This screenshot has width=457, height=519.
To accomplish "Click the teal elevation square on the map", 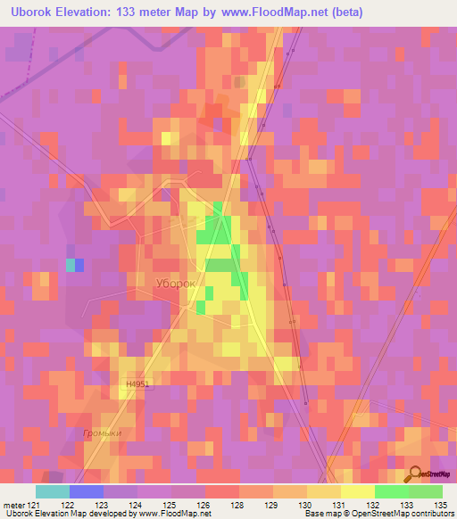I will [x=70, y=265].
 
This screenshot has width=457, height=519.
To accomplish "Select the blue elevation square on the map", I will [x=79, y=265].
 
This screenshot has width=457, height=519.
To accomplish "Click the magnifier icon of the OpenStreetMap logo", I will [x=415, y=476].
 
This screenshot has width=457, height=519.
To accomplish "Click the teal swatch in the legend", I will [x=52, y=491].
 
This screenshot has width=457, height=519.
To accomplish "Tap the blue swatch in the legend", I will [x=86, y=491].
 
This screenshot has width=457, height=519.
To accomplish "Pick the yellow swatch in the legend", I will [x=357, y=491].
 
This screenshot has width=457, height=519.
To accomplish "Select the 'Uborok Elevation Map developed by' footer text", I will [x=68, y=514].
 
